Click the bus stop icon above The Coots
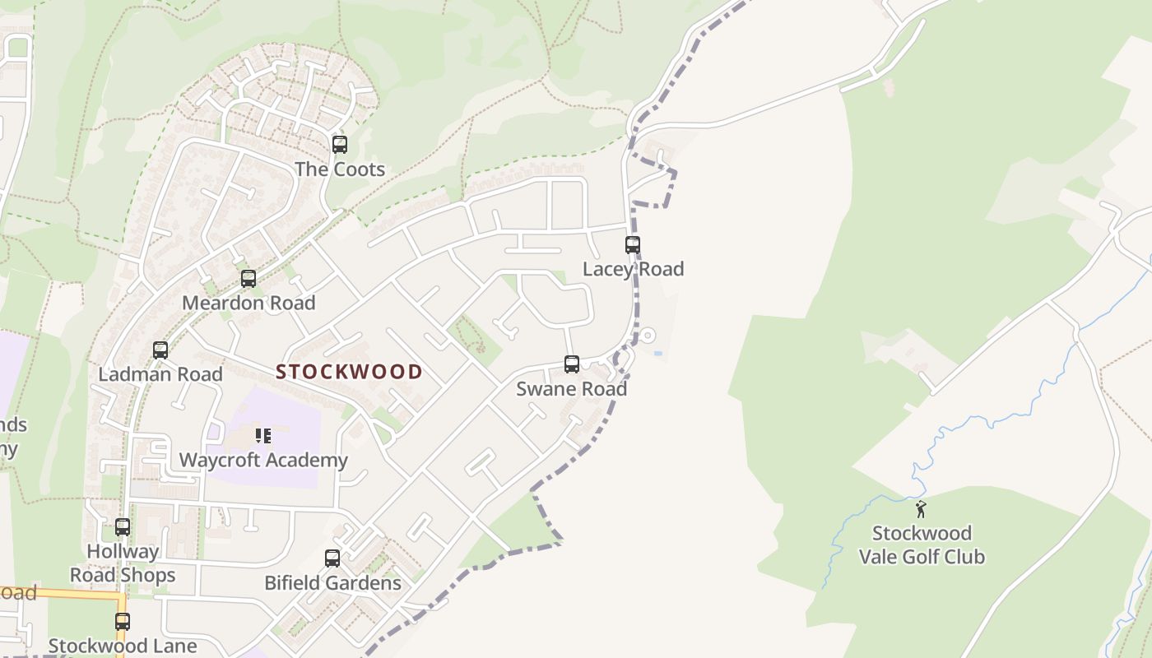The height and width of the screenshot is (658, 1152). click(x=339, y=145)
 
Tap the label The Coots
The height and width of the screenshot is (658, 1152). click(x=340, y=169)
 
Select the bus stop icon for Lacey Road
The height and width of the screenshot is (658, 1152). click(x=632, y=244)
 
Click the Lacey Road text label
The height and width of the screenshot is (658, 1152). click(x=633, y=269)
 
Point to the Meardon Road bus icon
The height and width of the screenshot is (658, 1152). click(x=249, y=279)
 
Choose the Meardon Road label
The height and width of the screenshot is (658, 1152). click(x=249, y=303)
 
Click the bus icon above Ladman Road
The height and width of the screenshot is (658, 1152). click(x=160, y=350)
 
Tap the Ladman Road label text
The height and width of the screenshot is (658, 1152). click(x=160, y=374)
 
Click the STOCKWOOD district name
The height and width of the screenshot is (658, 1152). click(x=349, y=372)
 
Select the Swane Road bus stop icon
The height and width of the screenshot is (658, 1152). click(x=571, y=364)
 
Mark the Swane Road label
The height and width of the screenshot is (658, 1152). click(x=571, y=388)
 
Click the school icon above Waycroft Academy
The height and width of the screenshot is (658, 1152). click(x=263, y=436)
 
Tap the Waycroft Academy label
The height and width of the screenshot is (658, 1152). click(x=263, y=460)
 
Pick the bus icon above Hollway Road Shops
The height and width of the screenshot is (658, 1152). click(x=123, y=527)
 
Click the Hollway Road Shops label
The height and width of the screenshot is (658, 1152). click(x=123, y=563)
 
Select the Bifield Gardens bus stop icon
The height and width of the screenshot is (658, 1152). click(x=332, y=558)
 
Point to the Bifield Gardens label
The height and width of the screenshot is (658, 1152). click(x=332, y=583)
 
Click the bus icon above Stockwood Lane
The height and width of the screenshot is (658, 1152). click(x=123, y=622)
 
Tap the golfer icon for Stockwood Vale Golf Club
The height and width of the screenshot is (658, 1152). click(x=921, y=509)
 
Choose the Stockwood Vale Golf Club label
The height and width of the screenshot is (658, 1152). click(x=922, y=544)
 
